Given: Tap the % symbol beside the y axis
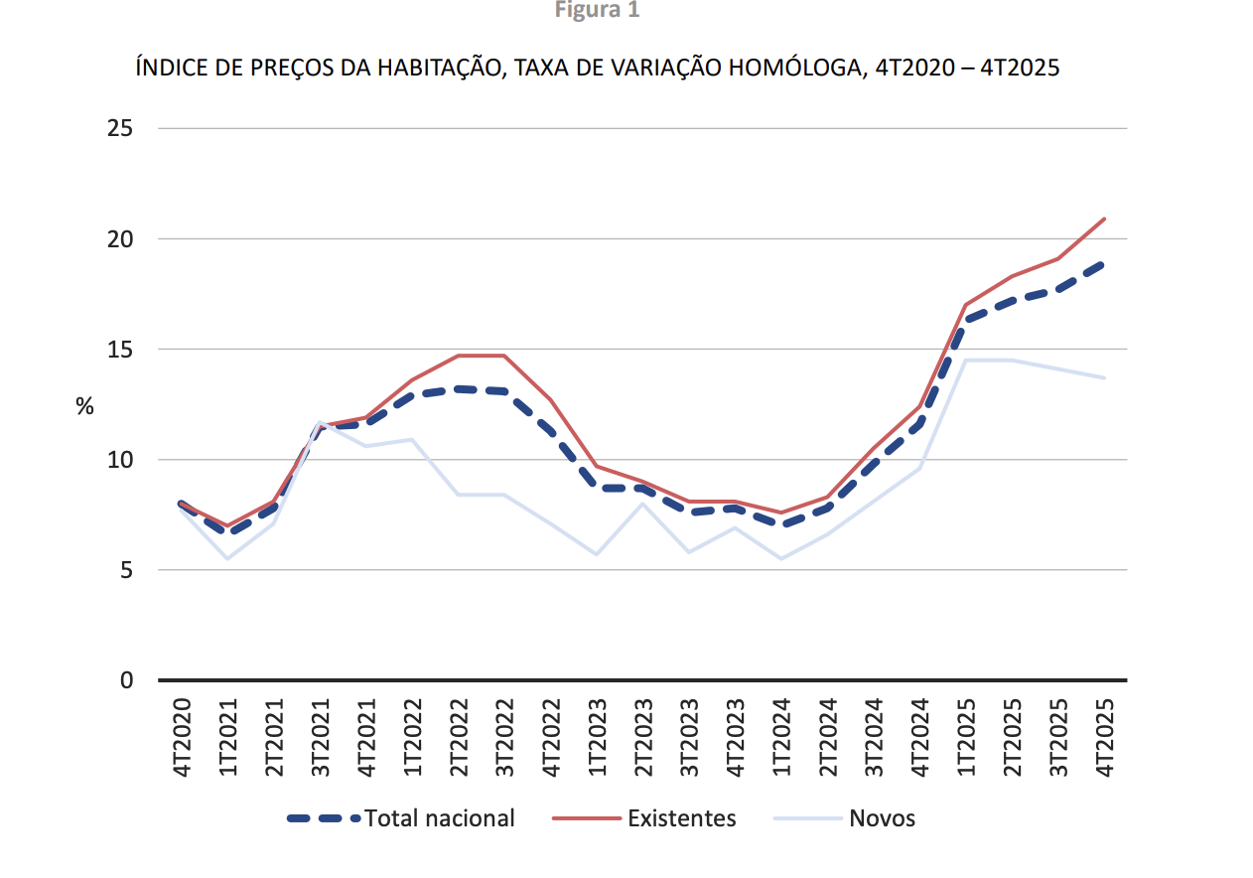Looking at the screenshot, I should click(85, 406).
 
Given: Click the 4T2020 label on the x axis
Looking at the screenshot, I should click(182, 736).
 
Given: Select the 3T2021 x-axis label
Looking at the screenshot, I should click(320, 736).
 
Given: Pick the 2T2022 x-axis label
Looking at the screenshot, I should click(459, 736).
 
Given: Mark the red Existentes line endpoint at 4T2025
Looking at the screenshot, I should click(1104, 219).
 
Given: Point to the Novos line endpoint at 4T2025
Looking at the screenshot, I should click(1104, 377).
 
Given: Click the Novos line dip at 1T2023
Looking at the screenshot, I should click(597, 554).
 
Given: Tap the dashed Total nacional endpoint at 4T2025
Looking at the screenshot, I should click(1104, 264).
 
